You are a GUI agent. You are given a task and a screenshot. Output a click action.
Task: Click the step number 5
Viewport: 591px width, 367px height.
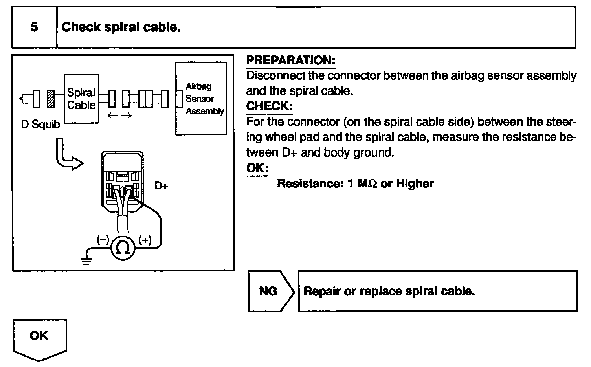coord(34,28)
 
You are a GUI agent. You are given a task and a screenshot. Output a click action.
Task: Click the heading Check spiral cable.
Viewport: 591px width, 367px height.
coord(121,28)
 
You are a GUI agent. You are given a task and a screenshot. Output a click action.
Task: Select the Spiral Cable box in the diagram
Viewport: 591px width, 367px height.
coord(81,99)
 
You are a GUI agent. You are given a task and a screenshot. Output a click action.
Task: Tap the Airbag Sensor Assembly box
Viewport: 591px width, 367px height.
coord(201,99)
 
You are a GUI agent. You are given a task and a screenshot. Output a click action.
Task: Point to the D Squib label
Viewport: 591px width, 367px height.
coord(40,125)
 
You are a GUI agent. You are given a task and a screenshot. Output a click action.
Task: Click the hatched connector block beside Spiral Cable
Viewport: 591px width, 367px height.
coord(51,99)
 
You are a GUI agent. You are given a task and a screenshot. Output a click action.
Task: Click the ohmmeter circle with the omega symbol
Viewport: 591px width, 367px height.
coord(123,248)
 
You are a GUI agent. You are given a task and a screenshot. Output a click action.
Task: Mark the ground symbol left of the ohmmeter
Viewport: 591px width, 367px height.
coord(86,260)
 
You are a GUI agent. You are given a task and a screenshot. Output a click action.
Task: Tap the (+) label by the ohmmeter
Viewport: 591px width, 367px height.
coord(145,240)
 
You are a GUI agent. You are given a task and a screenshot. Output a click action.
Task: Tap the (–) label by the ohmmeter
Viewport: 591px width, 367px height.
coord(103,240)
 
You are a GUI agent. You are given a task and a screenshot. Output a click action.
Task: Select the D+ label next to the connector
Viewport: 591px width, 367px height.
coord(161,186)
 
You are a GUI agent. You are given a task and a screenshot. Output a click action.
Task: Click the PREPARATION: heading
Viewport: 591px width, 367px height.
coord(290,61)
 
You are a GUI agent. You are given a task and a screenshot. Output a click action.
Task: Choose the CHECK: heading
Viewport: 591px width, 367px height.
coord(269,106)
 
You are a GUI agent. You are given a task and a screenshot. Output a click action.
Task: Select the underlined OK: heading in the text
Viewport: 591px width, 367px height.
coord(257,169)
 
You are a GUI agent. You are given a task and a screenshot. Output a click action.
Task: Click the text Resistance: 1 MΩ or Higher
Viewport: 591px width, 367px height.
coord(355,184)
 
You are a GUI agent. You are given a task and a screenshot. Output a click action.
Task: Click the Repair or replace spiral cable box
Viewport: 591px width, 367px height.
coord(437,291)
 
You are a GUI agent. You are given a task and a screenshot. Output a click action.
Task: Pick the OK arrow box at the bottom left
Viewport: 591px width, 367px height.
coord(39,338)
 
